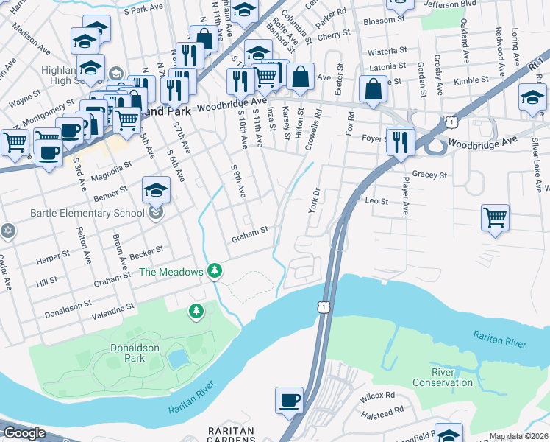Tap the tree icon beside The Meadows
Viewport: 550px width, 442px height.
tap(214, 271)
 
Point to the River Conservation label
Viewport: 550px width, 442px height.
tap(442, 377)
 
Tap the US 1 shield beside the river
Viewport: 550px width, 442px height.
tap(323, 306)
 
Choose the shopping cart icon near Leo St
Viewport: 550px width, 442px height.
tap(496, 217)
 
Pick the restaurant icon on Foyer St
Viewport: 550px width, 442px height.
tap(400, 141)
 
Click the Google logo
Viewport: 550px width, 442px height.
tap(24, 433)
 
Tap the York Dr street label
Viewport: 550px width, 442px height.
tap(313, 198)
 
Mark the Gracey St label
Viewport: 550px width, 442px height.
tap(430, 175)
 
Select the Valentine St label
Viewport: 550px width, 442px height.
tap(113, 306)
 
